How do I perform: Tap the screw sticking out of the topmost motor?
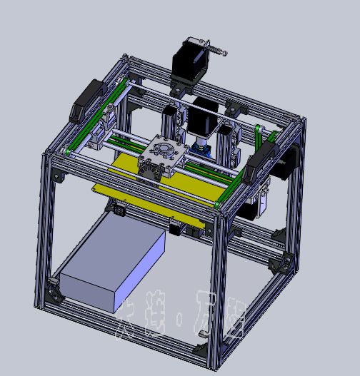point(217,49)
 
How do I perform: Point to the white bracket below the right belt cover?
point(263,200)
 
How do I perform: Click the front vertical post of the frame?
point(218,285)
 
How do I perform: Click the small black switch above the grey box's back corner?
point(119,209)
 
